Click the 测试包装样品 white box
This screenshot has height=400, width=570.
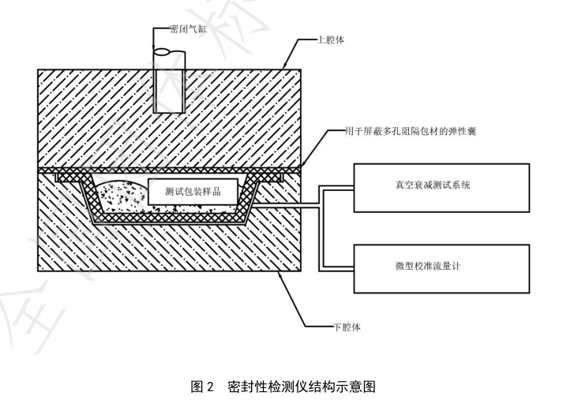(193, 192)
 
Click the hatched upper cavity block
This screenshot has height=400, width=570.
(237, 118)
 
